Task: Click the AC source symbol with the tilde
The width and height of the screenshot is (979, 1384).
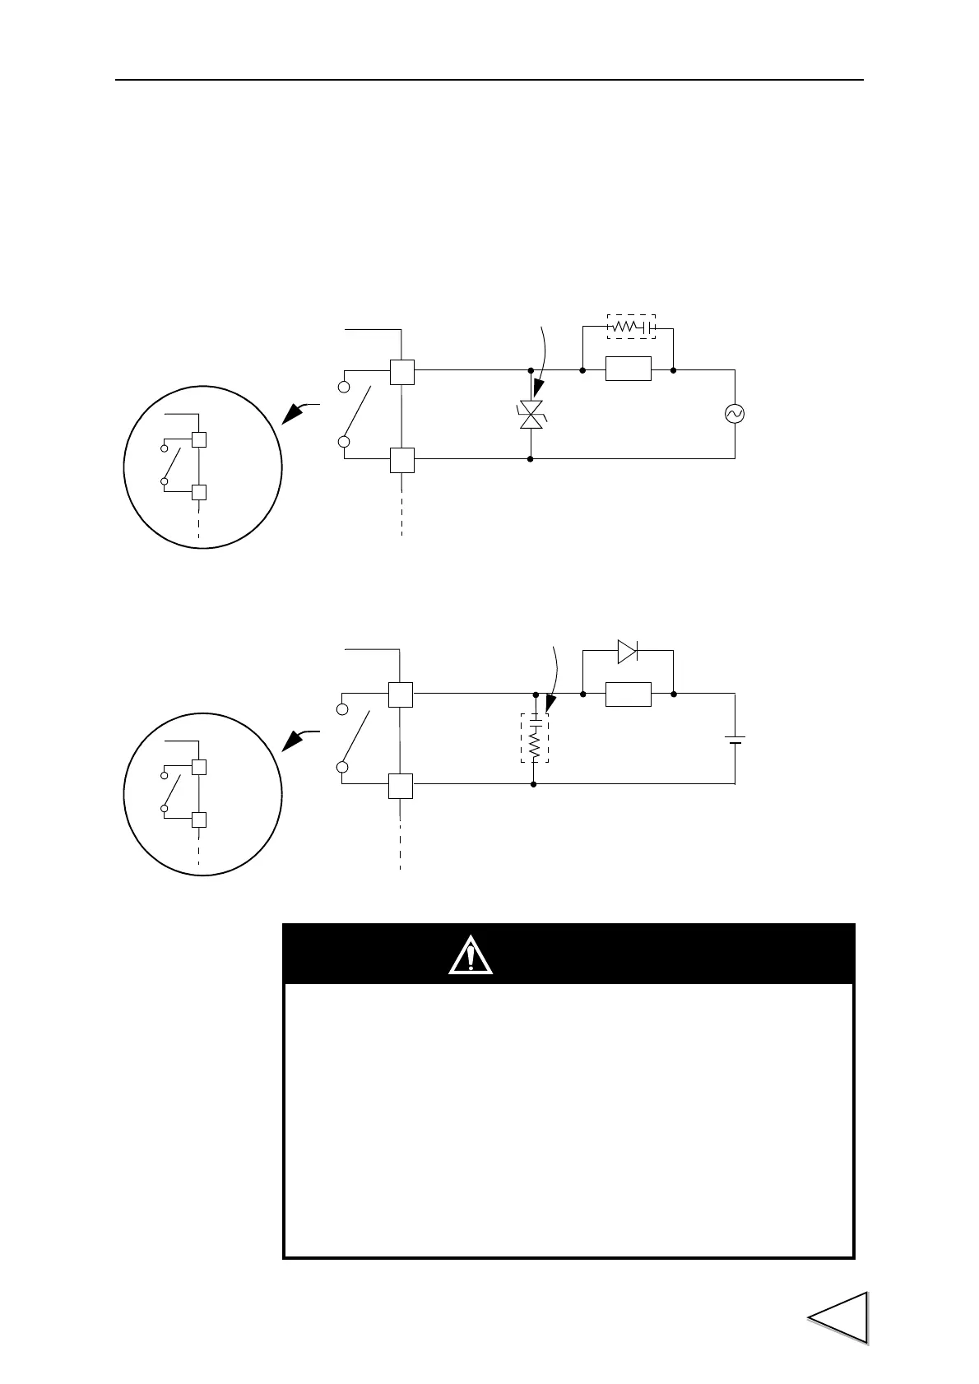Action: point(734,414)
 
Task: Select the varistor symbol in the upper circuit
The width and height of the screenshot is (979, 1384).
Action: point(531,415)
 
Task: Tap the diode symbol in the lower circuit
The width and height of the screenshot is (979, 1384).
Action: point(627,652)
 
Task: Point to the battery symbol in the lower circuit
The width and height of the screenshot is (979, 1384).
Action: point(735,739)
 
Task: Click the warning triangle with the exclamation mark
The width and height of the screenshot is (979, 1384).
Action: point(471,955)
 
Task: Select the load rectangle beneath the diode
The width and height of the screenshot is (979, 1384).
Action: point(628,694)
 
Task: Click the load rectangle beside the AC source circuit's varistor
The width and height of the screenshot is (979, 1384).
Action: point(628,369)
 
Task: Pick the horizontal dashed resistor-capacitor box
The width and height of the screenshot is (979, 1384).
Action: point(631,327)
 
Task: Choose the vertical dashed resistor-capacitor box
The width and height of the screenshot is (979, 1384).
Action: point(534,738)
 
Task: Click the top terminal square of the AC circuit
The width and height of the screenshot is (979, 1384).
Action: point(401,372)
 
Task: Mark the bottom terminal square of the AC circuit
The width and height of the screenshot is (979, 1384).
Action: point(401,460)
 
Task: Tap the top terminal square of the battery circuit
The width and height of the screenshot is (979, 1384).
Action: point(401,695)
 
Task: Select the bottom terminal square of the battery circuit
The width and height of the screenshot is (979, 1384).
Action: point(401,786)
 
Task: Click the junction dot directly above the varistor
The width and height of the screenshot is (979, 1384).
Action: point(531,370)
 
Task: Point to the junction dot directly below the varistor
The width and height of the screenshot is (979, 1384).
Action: point(531,458)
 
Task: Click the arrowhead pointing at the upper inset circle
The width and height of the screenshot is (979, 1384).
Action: point(290,415)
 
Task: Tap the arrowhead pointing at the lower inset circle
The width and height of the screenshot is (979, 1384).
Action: point(290,741)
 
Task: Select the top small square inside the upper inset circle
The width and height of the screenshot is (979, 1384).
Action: point(198,439)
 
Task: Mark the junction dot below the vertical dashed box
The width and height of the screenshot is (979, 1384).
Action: point(534,784)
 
